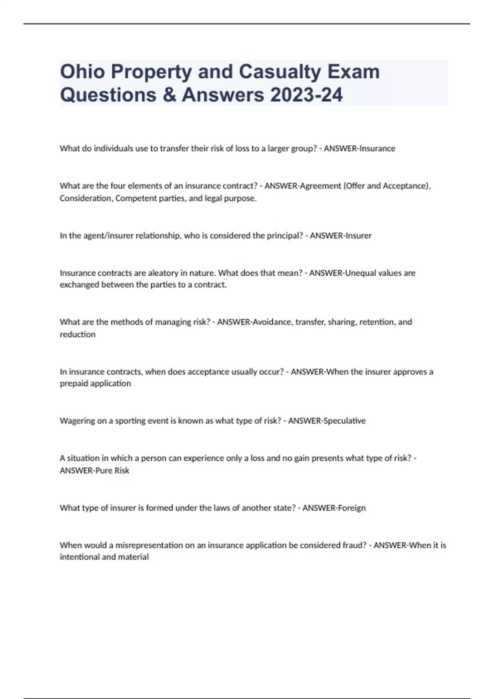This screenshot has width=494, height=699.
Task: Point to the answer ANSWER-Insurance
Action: click(359, 148)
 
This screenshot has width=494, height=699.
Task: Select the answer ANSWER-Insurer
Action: click(340, 236)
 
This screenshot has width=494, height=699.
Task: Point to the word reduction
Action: click(77, 334)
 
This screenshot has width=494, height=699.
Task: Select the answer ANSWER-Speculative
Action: click(327, 421)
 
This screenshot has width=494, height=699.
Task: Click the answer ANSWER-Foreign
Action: click(334, 508)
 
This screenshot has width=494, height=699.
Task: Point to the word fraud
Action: click(354, 545)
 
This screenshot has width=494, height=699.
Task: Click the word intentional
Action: click(79, 557)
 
